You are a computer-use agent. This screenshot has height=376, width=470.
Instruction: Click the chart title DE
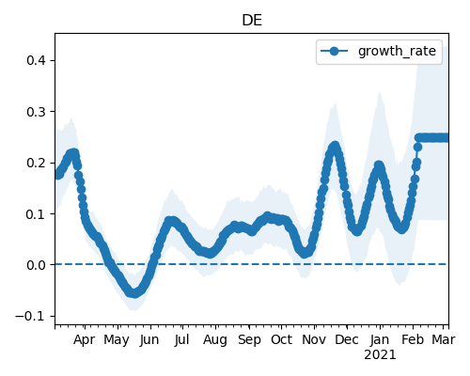(252, 21)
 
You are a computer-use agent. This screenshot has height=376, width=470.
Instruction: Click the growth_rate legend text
(397, 51)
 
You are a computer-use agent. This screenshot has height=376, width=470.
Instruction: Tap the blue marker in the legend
(335, 51)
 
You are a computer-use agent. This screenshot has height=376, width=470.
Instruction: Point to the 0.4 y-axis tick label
(37, 60)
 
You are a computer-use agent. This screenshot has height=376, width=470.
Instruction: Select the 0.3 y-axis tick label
(37, 112)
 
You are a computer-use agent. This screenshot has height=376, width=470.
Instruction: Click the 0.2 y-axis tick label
(37, 163)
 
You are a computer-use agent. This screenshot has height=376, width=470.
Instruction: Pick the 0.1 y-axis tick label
(37, 213)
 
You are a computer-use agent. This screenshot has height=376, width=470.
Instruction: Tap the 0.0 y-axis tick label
(37, 265)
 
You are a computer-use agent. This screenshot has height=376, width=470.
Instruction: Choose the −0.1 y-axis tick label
(31, 316)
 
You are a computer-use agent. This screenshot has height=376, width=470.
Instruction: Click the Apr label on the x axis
(85, 340)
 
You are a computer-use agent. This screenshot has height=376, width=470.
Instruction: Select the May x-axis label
(117, 340)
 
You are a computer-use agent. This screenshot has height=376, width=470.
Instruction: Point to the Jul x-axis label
(182, 339)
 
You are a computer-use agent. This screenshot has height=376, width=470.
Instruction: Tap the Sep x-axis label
(249, 340)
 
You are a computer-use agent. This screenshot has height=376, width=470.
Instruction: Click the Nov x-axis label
(314, 339)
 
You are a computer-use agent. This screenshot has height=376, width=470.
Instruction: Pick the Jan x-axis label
(380, 339)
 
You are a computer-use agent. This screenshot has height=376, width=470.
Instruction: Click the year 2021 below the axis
(380, 355)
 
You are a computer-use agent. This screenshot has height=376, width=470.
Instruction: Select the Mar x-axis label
(444, 339)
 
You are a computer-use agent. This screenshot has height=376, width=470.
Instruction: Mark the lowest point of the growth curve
(134, 293)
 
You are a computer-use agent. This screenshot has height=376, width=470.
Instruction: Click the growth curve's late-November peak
(335, 146)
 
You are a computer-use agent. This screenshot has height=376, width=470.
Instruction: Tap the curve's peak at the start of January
(379, 165)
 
